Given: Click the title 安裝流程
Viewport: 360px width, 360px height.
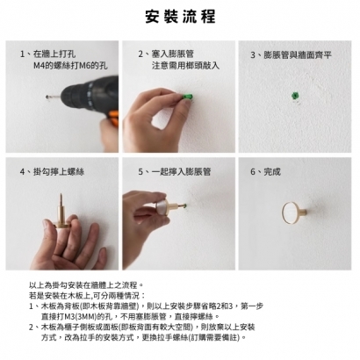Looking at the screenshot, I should coord(180,17).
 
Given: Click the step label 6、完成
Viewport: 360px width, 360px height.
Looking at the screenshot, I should coord(266,172).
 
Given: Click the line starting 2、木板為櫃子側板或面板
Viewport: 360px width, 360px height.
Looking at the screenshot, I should coord(132,326).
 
